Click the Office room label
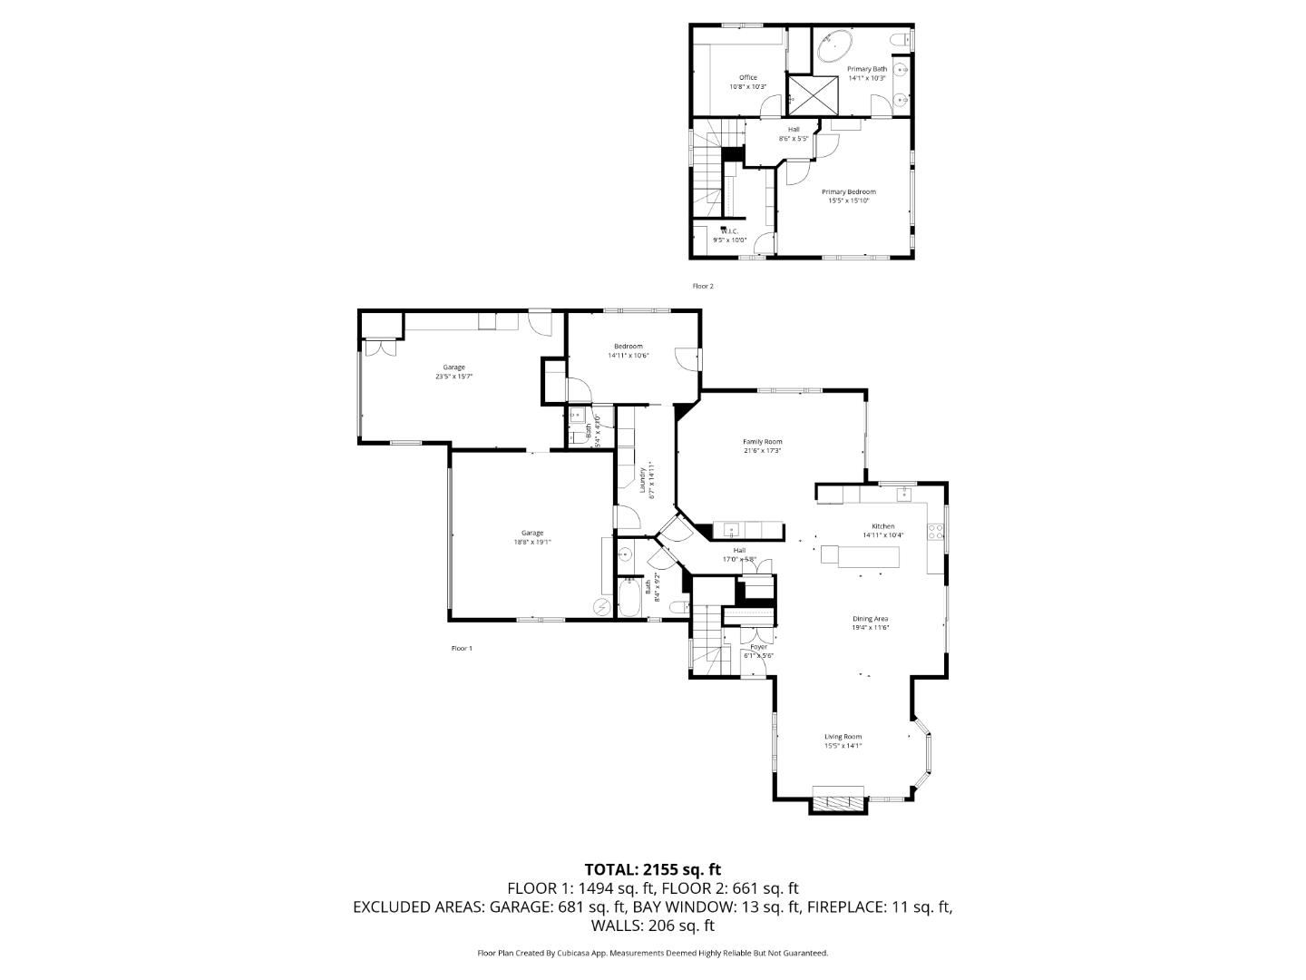[747, 78]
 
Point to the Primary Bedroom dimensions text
[848, 201]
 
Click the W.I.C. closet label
[729, 231]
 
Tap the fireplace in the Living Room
[838, 802]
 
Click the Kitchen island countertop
[860, 555]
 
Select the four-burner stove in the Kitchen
[935, 533]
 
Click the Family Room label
[762, 442]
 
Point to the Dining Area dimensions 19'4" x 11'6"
[869, 627]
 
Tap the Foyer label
[758, 647]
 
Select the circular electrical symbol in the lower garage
[600, 607]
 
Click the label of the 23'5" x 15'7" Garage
[454, 367]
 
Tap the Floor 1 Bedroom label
[628, 347]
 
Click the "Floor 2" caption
[703, 286]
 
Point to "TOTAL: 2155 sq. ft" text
[652, 869]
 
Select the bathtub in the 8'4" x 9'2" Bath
[629, 600]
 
